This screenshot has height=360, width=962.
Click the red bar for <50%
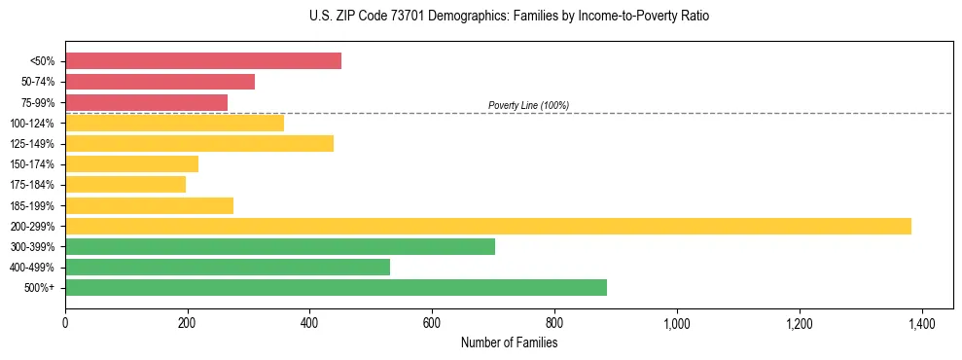203,61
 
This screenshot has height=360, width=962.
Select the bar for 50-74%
160,82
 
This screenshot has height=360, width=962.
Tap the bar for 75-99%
146,102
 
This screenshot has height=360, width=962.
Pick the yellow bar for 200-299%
487,226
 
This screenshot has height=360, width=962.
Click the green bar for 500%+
336,287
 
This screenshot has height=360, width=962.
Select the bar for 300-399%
280,246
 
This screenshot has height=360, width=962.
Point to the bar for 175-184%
125,185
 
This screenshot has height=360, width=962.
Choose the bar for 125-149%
199,144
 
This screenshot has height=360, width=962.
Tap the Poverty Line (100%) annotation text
528,105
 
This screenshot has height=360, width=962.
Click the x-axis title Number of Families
509,342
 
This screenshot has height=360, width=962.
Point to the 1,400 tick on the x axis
921,324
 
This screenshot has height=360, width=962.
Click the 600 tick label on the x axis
432,324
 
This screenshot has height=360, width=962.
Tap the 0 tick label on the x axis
65,324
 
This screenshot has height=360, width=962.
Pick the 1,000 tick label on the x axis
676,324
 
